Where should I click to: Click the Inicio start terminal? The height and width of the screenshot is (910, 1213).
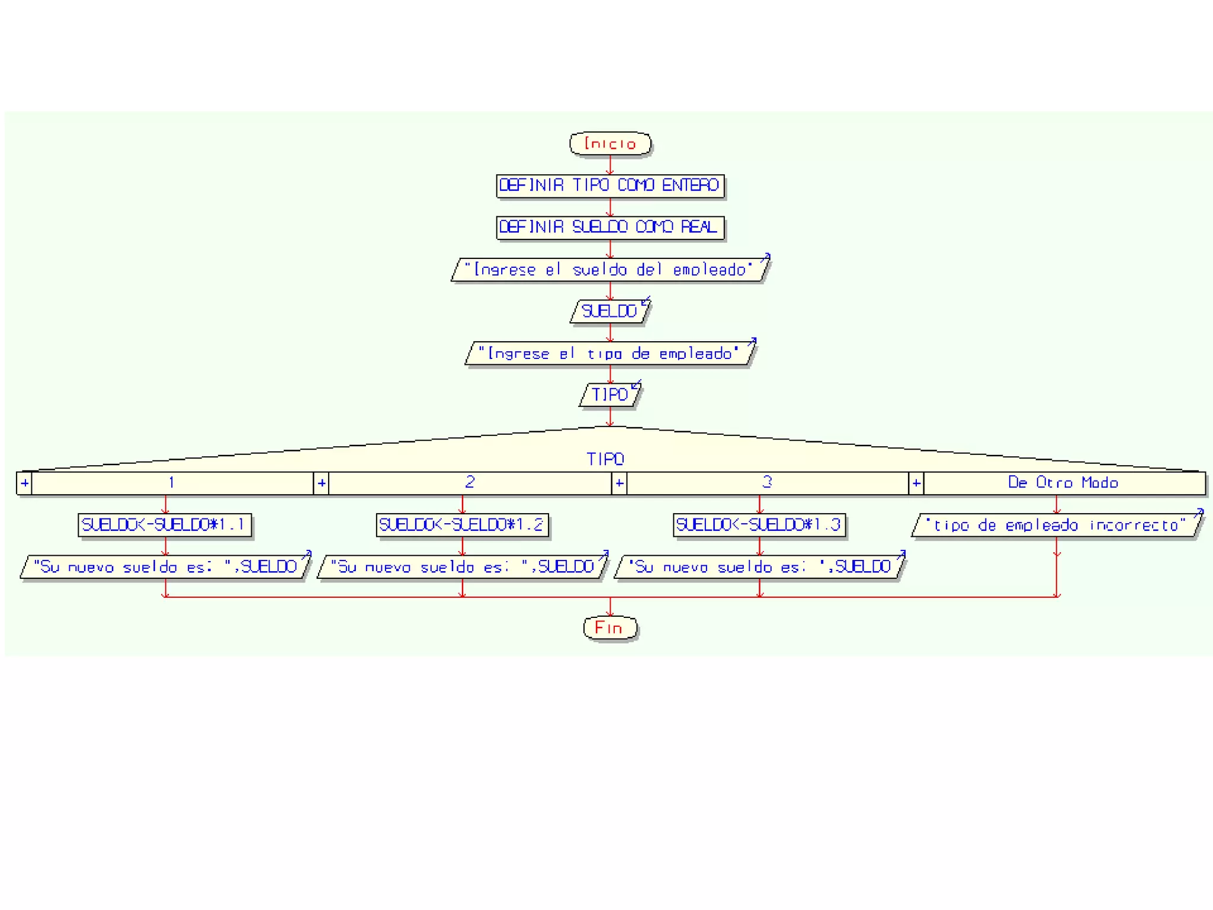coord(610,144)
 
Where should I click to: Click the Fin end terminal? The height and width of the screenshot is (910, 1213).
coord(610,628)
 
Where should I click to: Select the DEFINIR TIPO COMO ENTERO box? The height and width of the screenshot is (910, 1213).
coord(610,185)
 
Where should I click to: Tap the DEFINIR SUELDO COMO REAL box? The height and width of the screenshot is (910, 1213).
coord(610,227)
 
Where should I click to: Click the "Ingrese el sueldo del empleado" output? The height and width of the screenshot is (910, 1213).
coord(610,270)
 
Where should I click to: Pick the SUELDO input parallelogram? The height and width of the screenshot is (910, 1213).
coord(610,311)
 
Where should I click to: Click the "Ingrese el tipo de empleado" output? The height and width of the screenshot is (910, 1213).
coord(610,354)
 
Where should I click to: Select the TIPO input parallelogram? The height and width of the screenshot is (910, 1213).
coord(610,395)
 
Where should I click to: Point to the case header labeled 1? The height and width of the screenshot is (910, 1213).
coord(172,483)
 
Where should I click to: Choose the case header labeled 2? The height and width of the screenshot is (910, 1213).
coord(470,483)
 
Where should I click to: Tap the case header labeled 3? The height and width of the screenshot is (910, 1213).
coord(767,483)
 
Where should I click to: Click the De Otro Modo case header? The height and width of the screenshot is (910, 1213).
coord(1064,483)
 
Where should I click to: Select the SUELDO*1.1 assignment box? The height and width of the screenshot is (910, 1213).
coord(165,525)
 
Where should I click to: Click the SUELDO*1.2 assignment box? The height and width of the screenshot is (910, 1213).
coord(462,525)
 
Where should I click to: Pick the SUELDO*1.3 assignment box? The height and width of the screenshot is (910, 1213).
coord(759,525)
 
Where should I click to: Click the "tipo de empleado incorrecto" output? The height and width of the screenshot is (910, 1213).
coord(1057,526)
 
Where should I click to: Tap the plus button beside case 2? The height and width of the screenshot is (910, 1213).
coord(322,483)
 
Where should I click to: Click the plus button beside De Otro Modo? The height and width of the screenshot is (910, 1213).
coord(916,483)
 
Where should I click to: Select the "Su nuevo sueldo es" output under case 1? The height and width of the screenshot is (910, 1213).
coord(165,567)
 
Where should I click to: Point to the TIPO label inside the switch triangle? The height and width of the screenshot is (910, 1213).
coord(605,459)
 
